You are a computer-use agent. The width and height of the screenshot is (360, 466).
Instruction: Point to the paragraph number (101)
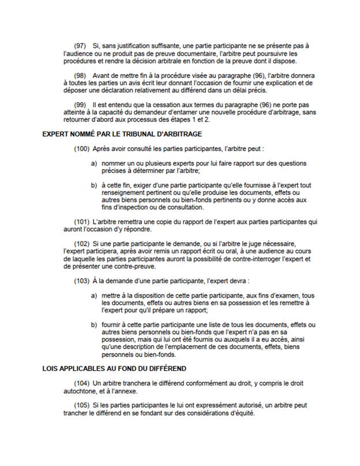[82, 222]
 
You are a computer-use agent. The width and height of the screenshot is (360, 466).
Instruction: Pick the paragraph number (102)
[82, 245]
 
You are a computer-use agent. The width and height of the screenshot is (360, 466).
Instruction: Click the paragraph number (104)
[82, 384]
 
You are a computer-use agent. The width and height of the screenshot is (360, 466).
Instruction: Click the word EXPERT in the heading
[57, 134]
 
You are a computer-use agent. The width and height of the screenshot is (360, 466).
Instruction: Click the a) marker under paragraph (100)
[93, 164]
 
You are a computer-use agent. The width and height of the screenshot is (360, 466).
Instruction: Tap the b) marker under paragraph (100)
[93, 186]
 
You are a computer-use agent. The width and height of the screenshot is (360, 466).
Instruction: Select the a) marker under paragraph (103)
[93, 296]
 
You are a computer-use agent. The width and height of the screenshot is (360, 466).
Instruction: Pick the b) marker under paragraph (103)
[93, 325]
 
